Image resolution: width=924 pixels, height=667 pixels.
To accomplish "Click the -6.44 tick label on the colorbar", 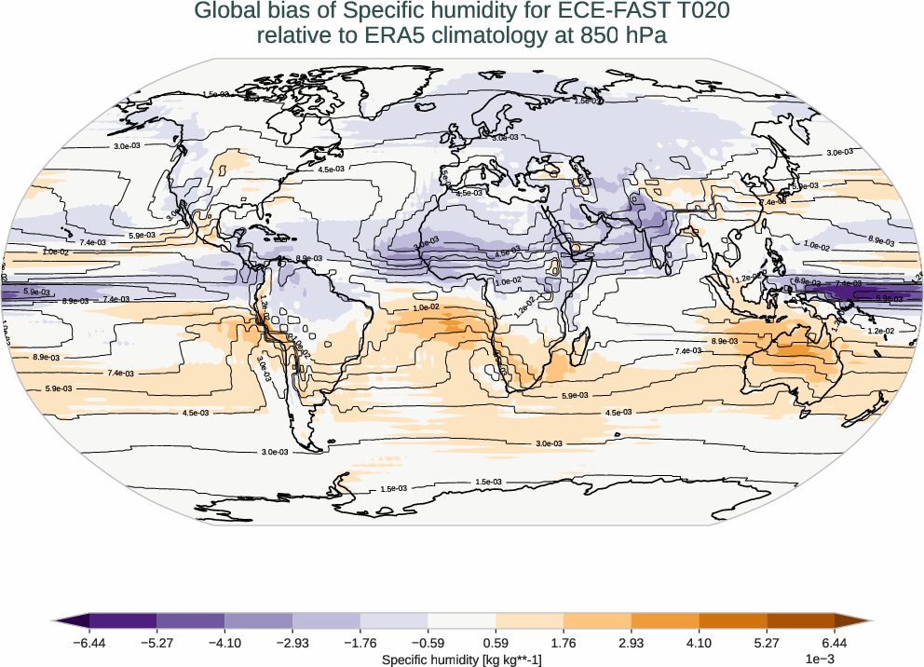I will [89, 643].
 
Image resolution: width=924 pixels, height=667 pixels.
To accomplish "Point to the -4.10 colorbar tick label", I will [224, 643].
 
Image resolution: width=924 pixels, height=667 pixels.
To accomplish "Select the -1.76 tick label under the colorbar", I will [360, 643].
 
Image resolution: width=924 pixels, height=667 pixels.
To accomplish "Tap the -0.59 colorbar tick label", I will [428, 643].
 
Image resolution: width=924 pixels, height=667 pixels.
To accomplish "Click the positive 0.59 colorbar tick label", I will [496, 643].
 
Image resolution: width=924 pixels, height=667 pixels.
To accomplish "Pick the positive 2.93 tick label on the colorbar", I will [631, 643].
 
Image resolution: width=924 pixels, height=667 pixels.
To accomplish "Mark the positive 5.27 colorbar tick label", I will [767, 643].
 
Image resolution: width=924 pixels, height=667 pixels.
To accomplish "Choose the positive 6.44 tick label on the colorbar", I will [834, 643].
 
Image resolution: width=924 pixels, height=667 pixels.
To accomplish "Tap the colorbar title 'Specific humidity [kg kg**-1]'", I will [462, 660].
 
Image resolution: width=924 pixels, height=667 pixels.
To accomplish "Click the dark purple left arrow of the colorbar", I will [73, 621].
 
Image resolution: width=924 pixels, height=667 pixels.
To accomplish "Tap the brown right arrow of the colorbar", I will [850, 621].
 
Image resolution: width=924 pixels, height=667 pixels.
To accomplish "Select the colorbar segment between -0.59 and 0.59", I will [462, 621].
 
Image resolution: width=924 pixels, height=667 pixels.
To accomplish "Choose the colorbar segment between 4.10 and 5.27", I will [732, 621].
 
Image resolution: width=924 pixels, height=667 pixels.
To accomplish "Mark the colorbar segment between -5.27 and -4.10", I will [191, 621].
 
